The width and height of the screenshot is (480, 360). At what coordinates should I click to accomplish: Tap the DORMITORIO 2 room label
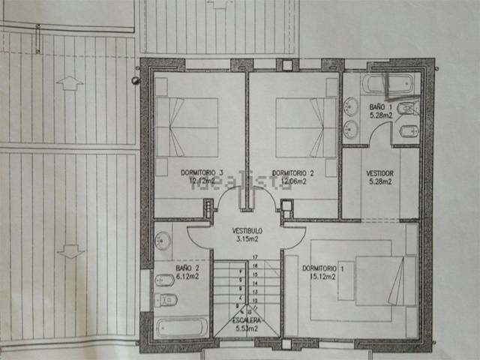[x=292, y=173]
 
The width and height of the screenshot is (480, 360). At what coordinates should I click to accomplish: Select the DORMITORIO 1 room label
[x=322, y=268]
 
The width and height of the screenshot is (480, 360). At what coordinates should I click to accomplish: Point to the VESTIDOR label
[x=379, y=173]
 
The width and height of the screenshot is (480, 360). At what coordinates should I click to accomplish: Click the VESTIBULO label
[x=246, y=230]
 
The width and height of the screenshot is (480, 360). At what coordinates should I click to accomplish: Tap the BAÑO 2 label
[x=187, y=268]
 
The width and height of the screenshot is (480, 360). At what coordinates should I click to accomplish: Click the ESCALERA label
[x=245, y=321]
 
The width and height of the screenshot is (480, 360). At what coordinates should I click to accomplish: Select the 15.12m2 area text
[x=322, y=276]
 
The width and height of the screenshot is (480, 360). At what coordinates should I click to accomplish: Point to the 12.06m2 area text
[x=292, y=181]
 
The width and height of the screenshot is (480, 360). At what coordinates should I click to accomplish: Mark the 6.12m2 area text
[x=187, y=276]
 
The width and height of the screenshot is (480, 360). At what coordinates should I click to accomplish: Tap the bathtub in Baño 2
[x=181, y=327]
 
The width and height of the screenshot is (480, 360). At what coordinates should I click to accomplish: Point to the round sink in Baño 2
[x=163, y=240]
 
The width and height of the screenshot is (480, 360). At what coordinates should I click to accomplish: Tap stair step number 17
[x=255, y=258]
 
